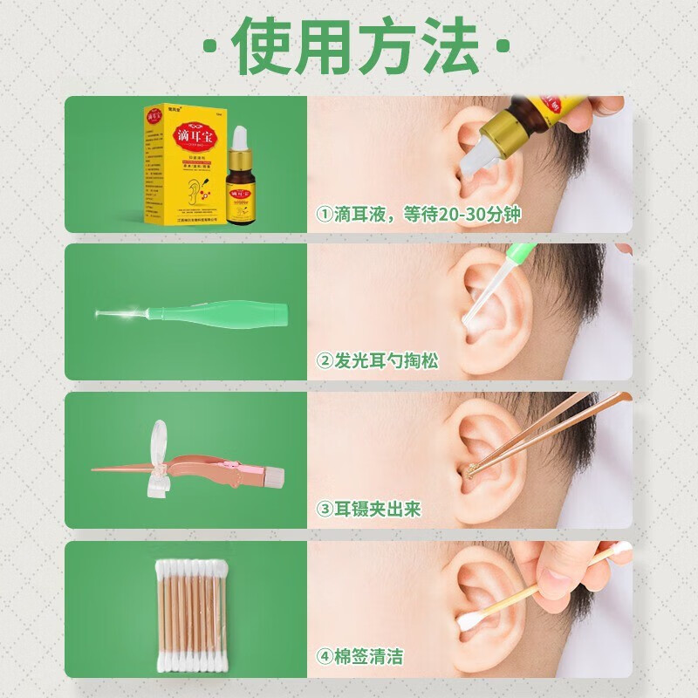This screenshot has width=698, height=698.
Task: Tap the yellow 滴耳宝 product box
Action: click(x=180, y=166)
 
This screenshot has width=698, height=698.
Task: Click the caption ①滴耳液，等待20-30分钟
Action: click(x=419, y=215)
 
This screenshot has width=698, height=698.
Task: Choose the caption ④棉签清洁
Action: click(x=361, y=656)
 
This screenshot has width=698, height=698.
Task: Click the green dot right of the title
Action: click(x=502, y=44)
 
